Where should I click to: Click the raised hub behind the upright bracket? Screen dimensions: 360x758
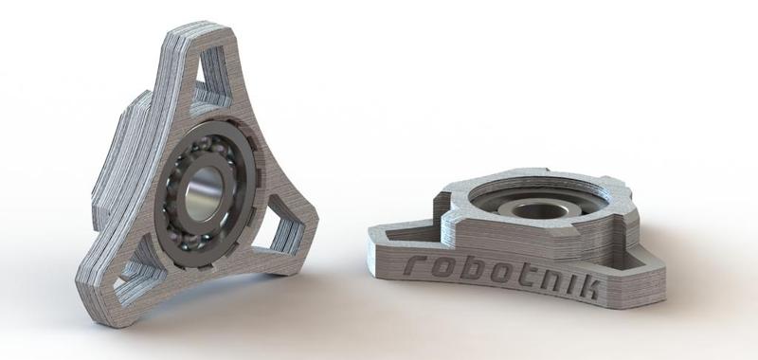[118, 161]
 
